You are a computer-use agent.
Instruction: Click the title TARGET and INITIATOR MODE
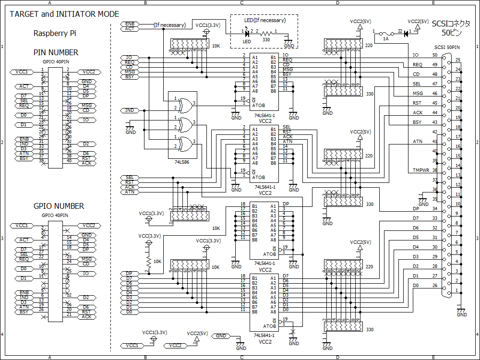(x=64, y=14)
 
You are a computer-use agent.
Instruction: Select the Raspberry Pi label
(x=55, y=34)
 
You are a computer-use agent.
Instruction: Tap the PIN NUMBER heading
(x=56, y=53)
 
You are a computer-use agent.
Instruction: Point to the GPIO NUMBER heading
(x=59, y=206)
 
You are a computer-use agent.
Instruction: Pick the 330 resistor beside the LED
(x=266, y=34)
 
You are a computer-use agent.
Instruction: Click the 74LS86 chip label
(x=181, y=163)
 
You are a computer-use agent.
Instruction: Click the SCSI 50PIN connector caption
(x=447, y=47)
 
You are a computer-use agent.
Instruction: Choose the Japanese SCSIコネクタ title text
(x=451, y=24)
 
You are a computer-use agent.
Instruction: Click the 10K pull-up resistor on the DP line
(x=148, y=261)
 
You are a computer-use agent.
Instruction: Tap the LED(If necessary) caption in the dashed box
(x=264, y=20)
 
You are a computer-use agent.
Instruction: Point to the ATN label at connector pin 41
(x=417, y=142)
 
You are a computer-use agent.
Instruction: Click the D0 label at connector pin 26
(x=416, y=286)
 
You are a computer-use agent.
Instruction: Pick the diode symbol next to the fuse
(x=406, y=34)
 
